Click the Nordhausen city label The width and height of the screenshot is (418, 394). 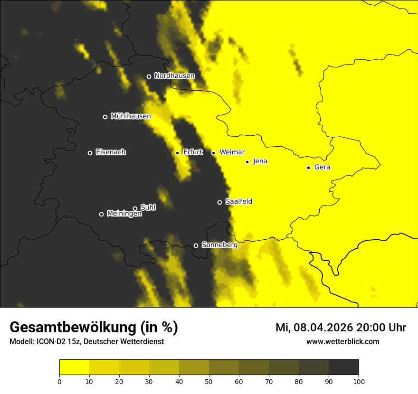point(174,76)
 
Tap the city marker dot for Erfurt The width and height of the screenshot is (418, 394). point(177,153)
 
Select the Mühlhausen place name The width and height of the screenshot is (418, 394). point(131,116)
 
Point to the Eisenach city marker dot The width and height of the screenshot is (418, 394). point(90,153)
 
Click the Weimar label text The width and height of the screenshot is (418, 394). point(232,152)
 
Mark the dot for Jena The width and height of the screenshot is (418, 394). point(247,162)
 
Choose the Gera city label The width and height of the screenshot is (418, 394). point(322,167)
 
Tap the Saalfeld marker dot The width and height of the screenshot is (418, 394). point(219,202)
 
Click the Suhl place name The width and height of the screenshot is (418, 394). point(148,207)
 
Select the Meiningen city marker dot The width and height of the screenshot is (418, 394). point(101,214)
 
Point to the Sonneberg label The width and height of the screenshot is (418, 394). point(219,245)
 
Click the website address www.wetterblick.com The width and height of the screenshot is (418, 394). point(342,342)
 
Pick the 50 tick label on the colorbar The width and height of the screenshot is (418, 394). point(209,381)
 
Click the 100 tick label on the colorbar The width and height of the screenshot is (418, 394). point(359,381)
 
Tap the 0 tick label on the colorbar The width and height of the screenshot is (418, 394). point(59,381)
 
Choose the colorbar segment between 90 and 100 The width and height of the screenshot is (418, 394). point(343,367)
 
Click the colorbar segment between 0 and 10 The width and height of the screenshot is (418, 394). point(74,367)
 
